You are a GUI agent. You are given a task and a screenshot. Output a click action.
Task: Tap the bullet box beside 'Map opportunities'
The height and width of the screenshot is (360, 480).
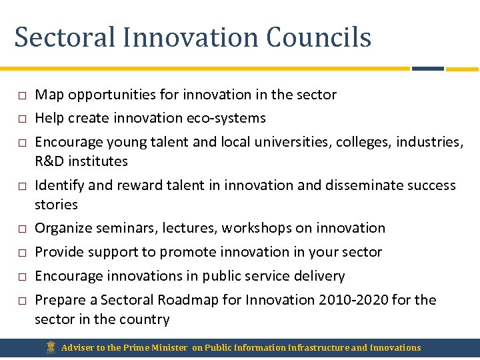point(21,95)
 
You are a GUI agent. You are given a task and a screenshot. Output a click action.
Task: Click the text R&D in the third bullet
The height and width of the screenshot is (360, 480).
point(49,161)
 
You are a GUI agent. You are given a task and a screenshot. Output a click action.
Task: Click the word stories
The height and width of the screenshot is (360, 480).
point(56,205)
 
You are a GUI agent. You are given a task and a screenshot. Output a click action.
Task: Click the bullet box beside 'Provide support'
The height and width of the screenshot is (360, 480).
point(21,253)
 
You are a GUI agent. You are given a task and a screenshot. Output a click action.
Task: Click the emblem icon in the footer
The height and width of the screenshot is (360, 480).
point(51,347)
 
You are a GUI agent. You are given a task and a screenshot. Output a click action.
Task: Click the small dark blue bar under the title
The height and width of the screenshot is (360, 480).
point(427,68)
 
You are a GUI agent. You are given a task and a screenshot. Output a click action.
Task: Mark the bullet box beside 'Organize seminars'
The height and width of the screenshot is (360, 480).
point(21,229)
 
